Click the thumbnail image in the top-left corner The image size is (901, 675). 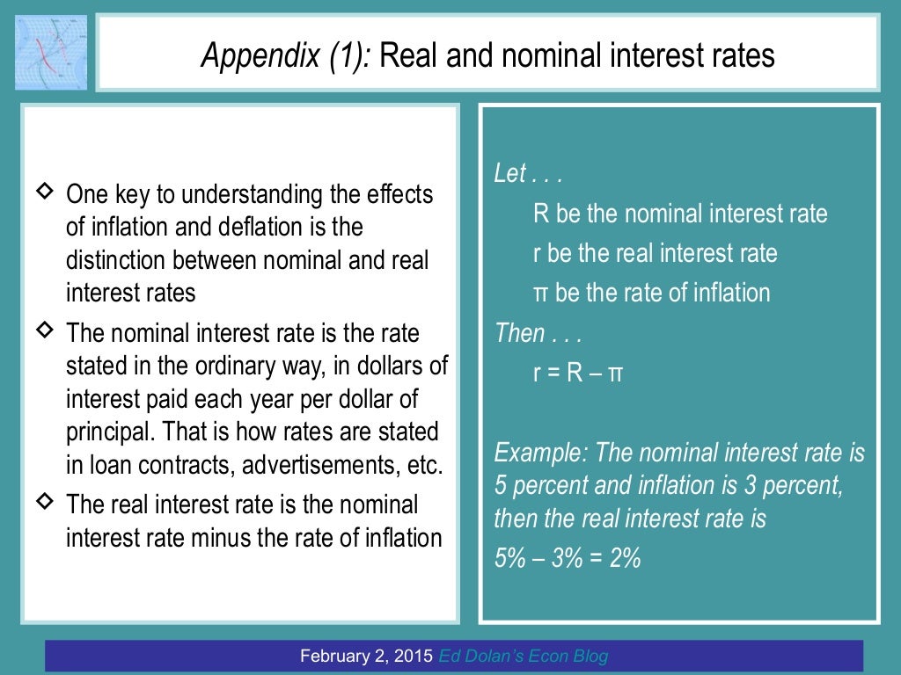pos(51,52)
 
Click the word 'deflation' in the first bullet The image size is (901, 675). pos(245,226)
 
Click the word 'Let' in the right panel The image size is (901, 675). pos(509,173)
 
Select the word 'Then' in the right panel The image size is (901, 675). pos(520,333)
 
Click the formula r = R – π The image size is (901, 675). pos(578,374)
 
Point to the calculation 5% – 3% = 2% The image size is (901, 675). pos(567,557)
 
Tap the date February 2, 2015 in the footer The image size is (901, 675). pos(366,656)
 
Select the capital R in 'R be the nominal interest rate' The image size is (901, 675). pos(541,214)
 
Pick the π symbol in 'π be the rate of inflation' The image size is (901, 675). pos(541,293)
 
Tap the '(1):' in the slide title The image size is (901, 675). pos(348,56)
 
